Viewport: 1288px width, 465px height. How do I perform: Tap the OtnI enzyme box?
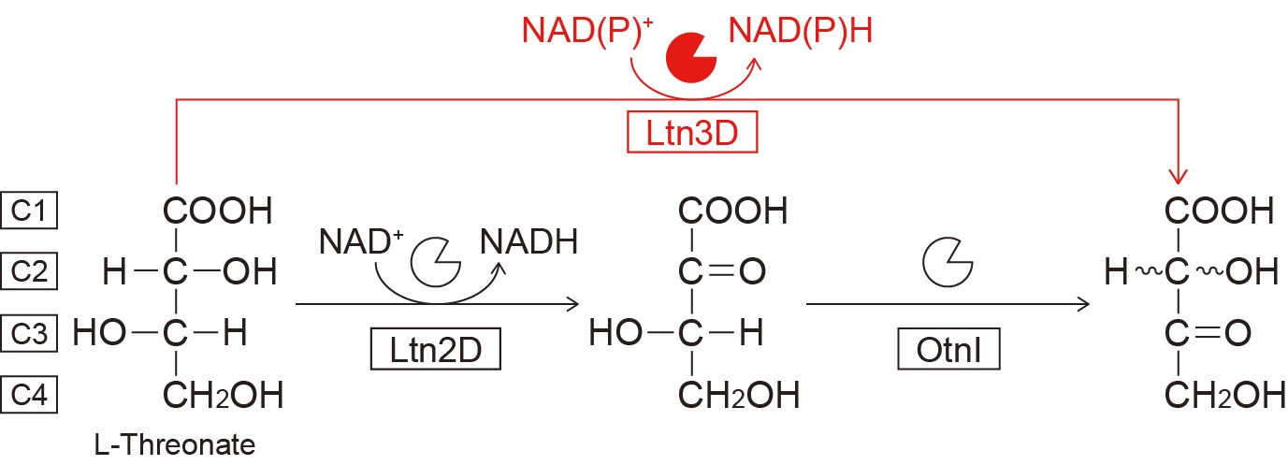tap(948, 352)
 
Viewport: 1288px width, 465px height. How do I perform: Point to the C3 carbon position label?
tap(30, 332)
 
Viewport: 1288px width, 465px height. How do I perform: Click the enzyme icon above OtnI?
tap(947, 260)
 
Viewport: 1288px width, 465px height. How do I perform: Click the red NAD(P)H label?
tap(803, 33)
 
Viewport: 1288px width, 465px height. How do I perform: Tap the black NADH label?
tap(528, 241)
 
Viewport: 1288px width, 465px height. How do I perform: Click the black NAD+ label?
tap(360, 241)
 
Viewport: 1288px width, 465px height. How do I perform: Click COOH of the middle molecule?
tap(732, 211)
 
